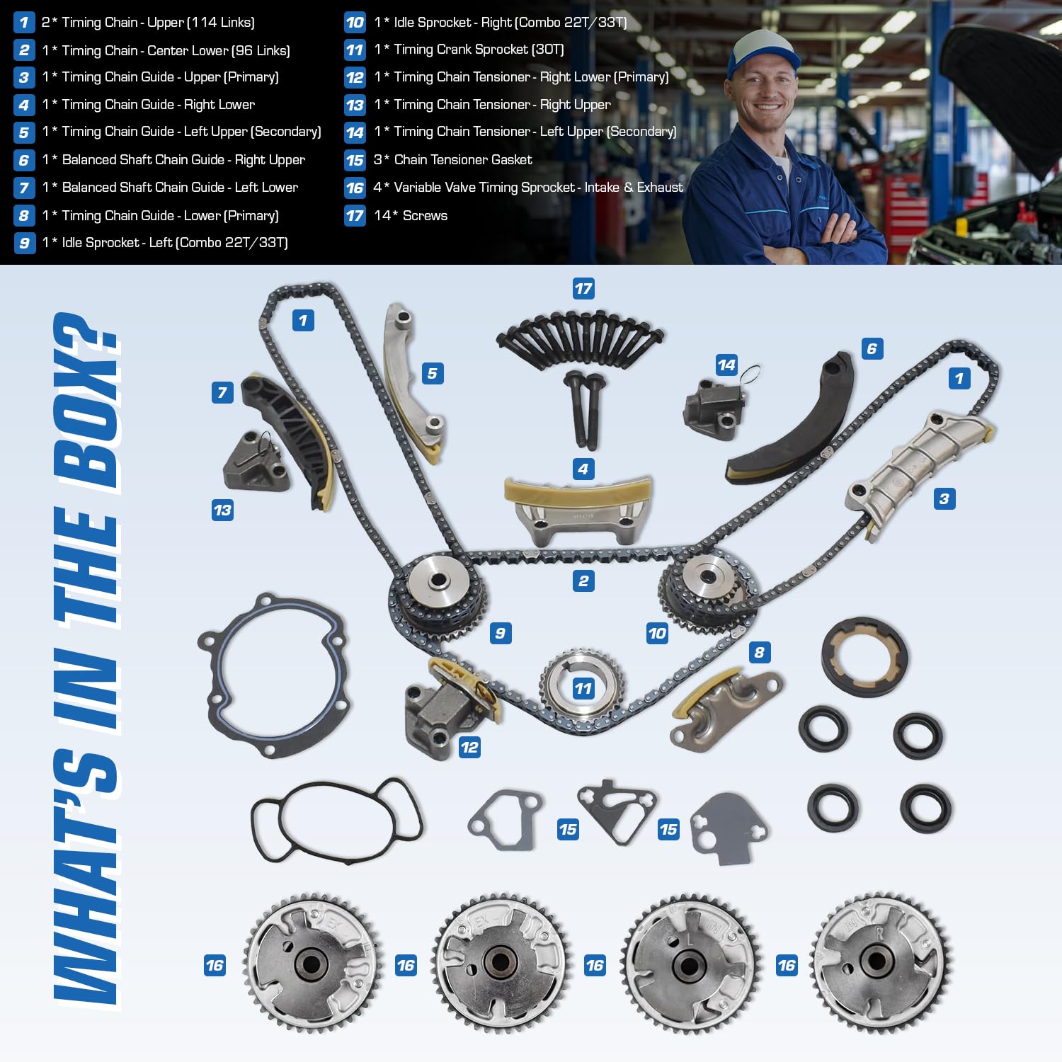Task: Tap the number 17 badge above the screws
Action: tap(583, 288)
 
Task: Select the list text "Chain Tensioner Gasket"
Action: tap(462, 160)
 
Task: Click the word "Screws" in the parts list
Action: tap(425, 216)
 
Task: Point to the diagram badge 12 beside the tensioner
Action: tap(469, 747)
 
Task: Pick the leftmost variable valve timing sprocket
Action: tap(312, 963)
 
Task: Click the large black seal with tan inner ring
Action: tap(864, 656)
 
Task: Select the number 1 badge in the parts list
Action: tap(24, 23)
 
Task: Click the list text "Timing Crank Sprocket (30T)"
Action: tap(479, 50)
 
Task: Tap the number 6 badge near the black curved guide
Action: tap(872, 348)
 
